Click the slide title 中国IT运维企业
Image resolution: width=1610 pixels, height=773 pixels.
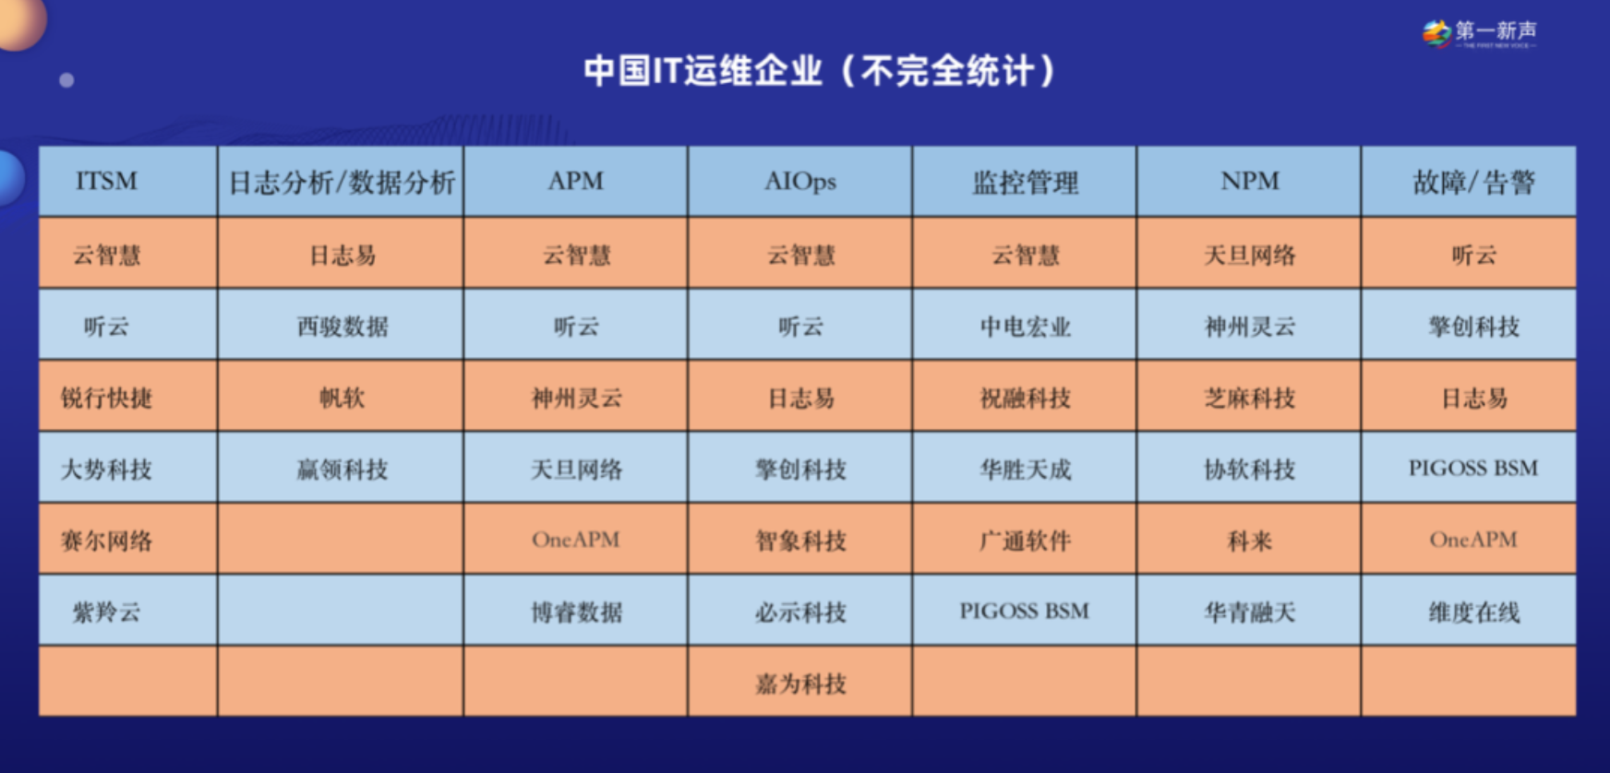703,70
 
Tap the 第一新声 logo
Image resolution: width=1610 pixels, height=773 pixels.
1480,33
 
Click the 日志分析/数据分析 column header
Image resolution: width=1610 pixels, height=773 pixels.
342,182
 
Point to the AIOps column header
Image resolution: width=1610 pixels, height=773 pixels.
800,181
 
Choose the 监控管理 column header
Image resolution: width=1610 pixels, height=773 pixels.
1025,182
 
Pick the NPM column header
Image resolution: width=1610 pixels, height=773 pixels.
1250,181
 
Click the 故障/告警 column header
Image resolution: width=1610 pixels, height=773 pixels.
1473,182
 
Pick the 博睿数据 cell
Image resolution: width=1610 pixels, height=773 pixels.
576,612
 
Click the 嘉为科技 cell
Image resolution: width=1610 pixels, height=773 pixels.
800,684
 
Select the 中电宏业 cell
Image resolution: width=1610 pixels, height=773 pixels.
1025,327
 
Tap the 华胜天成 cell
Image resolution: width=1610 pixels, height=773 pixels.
1025,470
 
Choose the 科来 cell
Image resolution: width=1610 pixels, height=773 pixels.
1250,541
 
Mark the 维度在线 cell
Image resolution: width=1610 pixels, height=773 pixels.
1473,612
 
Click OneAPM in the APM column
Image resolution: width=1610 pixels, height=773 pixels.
576,540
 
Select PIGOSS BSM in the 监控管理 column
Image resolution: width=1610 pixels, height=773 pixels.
1025,611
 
